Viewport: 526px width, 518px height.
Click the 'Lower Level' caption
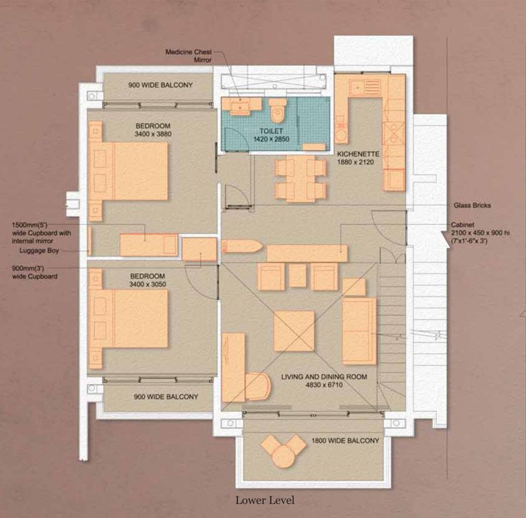[264, 500]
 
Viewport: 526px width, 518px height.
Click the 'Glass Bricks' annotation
[472, 205]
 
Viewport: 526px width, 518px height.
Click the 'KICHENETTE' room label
[359, 154]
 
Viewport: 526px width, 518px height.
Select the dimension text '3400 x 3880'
[153, 135]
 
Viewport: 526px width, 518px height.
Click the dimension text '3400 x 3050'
[153, 285]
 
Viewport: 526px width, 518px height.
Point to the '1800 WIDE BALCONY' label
[345, 441]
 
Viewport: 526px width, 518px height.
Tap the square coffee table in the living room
[294, 330]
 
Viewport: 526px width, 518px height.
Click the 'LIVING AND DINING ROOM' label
[324, 377]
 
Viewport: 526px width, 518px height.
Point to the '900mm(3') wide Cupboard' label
[34, 272]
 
